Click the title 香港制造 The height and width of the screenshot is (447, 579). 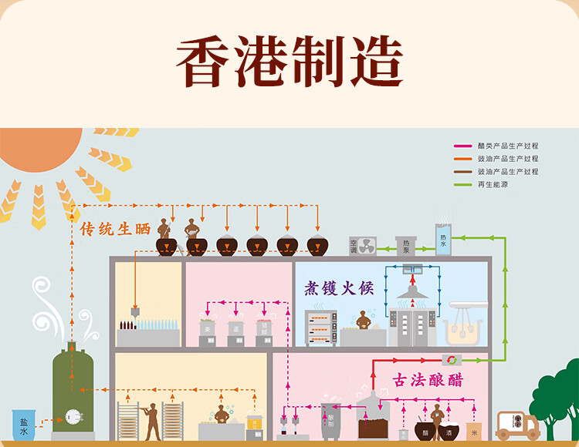[289, 62]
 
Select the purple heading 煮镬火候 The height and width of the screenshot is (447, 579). [338, 289]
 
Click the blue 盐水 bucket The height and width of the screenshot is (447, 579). [23, 425]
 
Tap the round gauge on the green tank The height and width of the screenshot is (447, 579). [73, 417]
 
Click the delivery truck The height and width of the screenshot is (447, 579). [516, 425]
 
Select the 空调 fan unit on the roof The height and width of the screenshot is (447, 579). [362, 246]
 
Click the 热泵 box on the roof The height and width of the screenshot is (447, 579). [405, 246]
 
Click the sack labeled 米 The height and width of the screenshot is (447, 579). [475, 432]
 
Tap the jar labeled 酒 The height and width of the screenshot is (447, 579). [447, 432]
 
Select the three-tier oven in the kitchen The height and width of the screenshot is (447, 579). [320, 328]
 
